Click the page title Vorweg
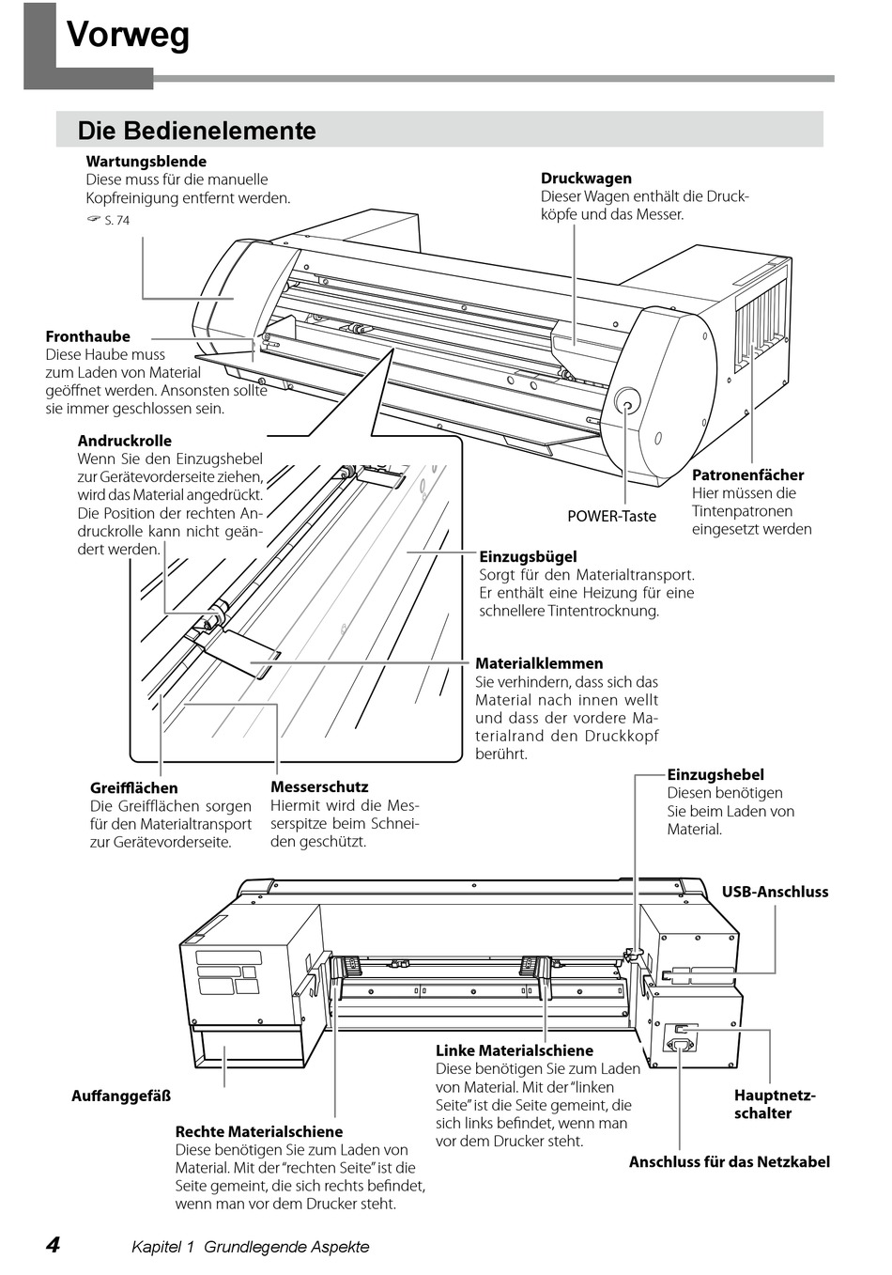[128, 36]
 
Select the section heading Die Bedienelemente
[196, 131]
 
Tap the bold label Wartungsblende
[146, 162]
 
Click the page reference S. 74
[116, 221]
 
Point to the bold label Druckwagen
[586, 179]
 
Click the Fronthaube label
[88, 336]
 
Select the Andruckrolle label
[125, 441]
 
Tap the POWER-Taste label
[611, 516]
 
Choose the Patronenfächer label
[747, 475]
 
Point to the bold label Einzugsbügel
[528, 557]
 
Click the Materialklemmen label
[539, 663]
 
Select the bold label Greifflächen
[133, 788]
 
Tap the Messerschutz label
[319, 787]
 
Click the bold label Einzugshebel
[715, 775]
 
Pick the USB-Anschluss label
[775, 892]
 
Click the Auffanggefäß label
[121, 1096]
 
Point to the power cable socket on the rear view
[680, 1043]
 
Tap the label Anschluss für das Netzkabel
[729, 1162]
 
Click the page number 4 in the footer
[54, 1246]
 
